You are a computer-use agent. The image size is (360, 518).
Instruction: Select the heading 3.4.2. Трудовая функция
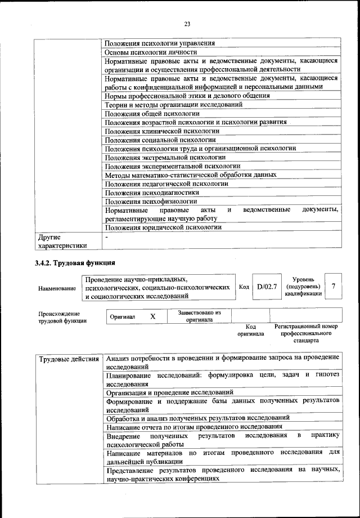[x=75, y=262]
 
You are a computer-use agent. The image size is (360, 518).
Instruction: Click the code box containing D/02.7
[x=267, y=287]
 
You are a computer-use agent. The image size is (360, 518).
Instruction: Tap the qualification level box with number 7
[x=334, y=287]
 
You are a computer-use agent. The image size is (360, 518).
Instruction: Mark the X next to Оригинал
[x=152, y=316]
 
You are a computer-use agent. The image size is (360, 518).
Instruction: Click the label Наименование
[x=57, y=288]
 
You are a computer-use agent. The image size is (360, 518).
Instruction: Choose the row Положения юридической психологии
[x=163, y=227]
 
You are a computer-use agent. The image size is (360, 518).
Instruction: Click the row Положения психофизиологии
[x=151, y=200]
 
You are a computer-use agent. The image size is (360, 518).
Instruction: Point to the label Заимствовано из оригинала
[x=199, y=316]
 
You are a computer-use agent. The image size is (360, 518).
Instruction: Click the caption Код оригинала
[x=251, y=330]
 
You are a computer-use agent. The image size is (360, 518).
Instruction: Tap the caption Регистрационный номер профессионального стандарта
[x=305, y=333]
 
